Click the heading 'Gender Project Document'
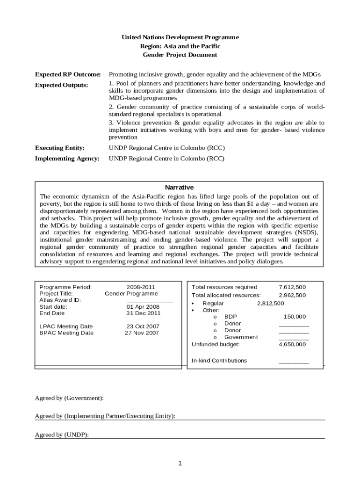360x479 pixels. [180, 55]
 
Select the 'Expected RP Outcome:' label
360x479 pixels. [68, 74]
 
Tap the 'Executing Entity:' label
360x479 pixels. [60, 148]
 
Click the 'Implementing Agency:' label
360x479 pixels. [67, 159]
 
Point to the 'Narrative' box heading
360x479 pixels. [180, 187]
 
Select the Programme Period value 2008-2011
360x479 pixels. [141, 287]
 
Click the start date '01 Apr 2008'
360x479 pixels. [143, 307]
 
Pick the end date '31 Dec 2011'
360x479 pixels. [143, 313]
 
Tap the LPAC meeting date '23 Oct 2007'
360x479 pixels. [143, 327]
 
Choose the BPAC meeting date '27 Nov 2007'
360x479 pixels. [142, 333]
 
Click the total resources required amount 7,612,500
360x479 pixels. [292, 287]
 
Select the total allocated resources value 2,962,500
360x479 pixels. [292, 295]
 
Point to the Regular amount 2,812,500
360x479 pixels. [270, 303]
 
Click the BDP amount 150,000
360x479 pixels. [295, 317]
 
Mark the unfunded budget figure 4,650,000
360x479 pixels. [292, 344]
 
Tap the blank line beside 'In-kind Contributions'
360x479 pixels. [294, 361]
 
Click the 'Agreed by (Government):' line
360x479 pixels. [69, 398]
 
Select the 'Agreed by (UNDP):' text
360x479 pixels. [62, 435]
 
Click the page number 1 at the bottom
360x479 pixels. [180, 464]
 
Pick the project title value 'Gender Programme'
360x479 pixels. [131, 293]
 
